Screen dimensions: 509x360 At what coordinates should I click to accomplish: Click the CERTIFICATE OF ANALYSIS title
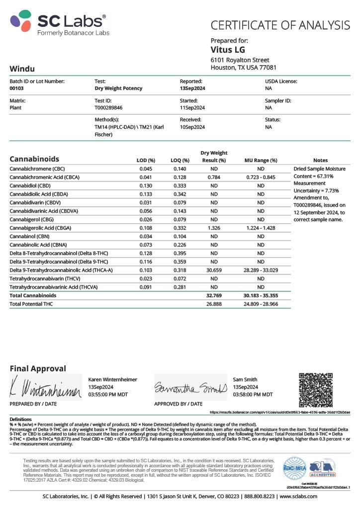(x=280, y=25)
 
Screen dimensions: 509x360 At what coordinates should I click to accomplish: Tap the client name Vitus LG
(x=228, y=50)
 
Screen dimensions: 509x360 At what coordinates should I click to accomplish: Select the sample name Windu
(x=22, y=69)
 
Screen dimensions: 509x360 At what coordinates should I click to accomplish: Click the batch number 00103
(x=17, y=88)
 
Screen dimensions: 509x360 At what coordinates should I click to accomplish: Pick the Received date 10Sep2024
(x=192, y=127)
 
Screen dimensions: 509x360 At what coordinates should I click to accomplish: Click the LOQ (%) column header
(x=180, y=160)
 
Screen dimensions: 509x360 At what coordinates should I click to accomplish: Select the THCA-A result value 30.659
(x=213, y=270)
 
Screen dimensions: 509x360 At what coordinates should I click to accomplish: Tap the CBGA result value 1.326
(x=213, y=228)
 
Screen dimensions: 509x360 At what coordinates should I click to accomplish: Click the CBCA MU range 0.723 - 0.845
(x=261, y=177)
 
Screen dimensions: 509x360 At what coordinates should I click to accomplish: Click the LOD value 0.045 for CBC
(x=146, y=169)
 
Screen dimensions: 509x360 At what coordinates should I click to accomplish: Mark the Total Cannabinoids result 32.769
(x=213, y=295)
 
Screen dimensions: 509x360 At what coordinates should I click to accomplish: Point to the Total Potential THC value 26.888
(x=213, y=304)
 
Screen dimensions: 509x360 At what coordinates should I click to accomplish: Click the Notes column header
(x=321, y=160)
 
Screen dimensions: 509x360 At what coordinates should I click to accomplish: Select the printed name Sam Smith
(x=245, y=379)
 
